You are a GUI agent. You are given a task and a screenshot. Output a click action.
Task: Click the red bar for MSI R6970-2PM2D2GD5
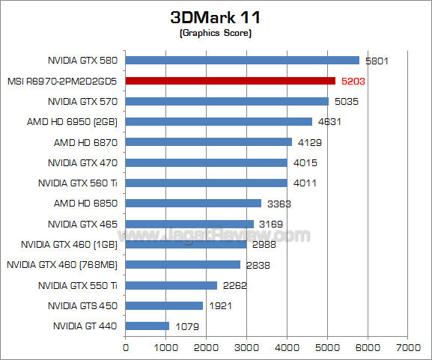230,80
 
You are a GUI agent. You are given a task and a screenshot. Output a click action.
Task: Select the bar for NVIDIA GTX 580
242,60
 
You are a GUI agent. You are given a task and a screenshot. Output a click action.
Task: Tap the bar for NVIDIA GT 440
147,326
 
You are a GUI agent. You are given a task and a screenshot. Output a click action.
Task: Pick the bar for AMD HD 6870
208,141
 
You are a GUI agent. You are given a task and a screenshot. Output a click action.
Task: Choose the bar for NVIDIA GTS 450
164,305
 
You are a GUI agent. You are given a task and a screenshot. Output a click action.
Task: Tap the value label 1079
187,326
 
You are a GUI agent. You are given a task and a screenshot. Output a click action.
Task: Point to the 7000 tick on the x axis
407,347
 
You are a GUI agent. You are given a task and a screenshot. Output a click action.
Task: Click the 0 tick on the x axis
125,347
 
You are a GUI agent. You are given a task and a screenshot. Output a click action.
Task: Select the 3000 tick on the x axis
246,347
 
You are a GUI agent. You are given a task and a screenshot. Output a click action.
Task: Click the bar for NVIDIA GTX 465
189,223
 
